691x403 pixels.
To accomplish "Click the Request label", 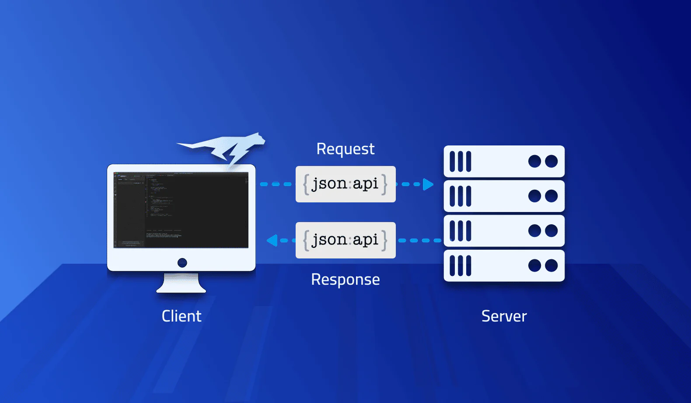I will pos(345,149).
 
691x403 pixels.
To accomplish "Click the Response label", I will pos(345,279).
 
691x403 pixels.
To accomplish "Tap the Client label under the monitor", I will pos(181,316).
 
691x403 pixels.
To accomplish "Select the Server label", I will pos(504,316).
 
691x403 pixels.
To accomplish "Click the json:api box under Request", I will pos(345,184).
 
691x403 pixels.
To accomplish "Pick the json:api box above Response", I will pos(345,240).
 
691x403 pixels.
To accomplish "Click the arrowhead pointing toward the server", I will pos(428,184).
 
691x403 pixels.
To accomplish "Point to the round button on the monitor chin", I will pos(182,263).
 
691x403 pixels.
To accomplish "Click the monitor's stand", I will pos(181,283).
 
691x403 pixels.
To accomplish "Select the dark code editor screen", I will pos(181,210).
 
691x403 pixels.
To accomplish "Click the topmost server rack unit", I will pos(504,161).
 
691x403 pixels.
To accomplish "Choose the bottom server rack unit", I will pos(504,265).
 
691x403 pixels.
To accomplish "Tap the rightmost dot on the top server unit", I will pos(551,161).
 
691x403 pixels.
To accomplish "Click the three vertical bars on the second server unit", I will pos(461,196).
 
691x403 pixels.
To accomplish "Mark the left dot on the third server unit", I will pos(534,230).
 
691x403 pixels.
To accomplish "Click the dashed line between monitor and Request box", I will pos(276,184).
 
